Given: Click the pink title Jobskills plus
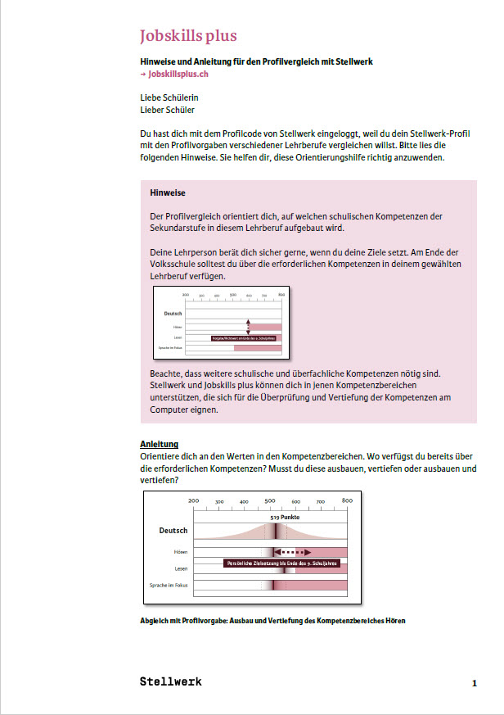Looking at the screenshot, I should click(x=188, y=36).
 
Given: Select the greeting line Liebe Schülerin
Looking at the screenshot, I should click(x=169, y=97).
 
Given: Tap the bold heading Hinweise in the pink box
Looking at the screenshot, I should click(x=169, y=193).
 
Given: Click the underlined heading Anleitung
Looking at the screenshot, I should click(x=160, y=444).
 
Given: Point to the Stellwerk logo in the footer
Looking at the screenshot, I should click(x=170, y=681).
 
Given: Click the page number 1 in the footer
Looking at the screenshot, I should click(x=474, y=682).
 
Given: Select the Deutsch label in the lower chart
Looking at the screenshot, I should click(x=173, y=531).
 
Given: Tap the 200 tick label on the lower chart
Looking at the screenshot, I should click(x=193, y=500).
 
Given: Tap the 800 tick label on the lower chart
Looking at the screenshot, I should click(x=346, y=500).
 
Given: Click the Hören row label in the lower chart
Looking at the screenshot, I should click(x=180, y=552).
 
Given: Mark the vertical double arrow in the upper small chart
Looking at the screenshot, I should click(x=248, y=326).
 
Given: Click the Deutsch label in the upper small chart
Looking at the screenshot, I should click(x=173, y=313).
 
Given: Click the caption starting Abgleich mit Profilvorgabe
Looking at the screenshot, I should click(x=272, y=620).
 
